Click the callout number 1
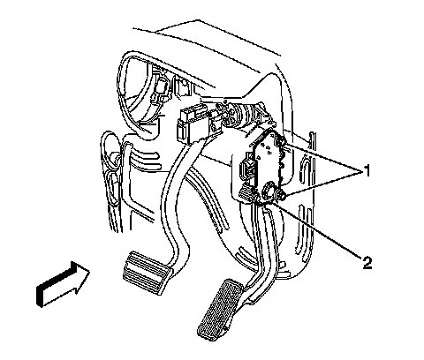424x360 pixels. pyautogui.click(x=367, y=171)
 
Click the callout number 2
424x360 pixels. pyautogui.click(x=367, y=262)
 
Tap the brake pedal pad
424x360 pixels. pyautogui.click(x=148, y=272)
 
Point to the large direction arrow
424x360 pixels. pyautogui.click(x=63, y=284)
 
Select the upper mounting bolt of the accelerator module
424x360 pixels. pyautogui.click(x=280, y=141)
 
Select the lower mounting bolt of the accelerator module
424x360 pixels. pyautogui.click(x=281, y=195)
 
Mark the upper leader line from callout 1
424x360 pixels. pyautogui.click(x=323, y=156)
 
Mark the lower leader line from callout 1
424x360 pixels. pyautogui.click(x=324, y=184)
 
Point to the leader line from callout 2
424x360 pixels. pyautogui.click(x=316, y=229)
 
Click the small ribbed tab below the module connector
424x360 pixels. pyautogui.click(x=245, y=193)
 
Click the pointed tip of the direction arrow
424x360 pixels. pyautogui.click(x=89, y=271)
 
